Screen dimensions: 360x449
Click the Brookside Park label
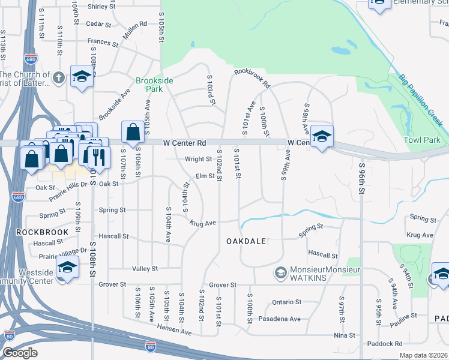[154, 85]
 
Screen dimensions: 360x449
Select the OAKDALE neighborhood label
[246, 241]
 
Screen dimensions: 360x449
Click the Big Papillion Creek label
[421, 100]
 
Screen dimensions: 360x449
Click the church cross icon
[58, 77]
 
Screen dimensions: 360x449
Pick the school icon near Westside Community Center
[67, 266]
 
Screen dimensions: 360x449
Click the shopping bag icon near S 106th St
[132, 131]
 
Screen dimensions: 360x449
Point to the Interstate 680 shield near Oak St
[18, 196]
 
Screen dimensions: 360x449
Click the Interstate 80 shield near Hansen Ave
[150, 346]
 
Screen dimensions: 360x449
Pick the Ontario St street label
[286, 302]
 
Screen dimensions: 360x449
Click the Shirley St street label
[101, 7]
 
